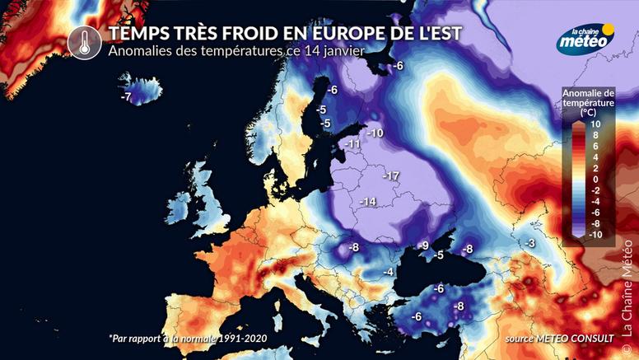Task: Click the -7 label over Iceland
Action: (x=126, y=96)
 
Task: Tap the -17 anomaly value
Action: (x=390, y=176)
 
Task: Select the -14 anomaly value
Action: (x=366, y=202)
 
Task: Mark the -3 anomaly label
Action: (x=530, y=243)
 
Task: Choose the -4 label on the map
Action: (x=387, y=273)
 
